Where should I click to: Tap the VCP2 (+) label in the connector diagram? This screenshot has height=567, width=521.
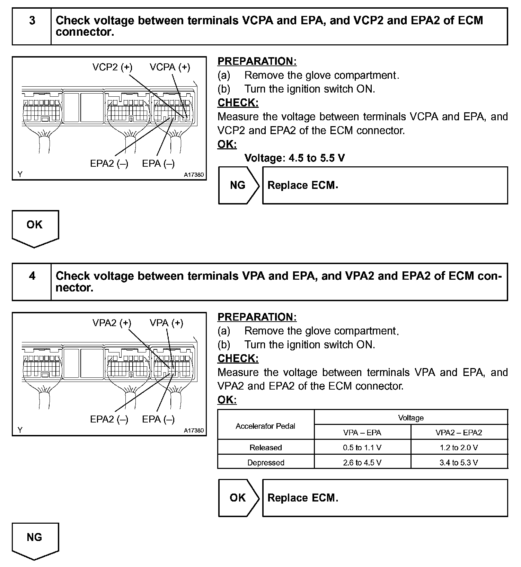[x=112, y=67]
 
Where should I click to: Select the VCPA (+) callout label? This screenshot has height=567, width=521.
[x=170, y=67]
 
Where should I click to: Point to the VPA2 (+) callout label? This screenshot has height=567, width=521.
[x=112, y=323]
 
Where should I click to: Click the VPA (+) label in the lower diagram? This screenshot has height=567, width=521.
[x=166, y=323]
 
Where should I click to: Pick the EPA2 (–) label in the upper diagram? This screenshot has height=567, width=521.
[x=109, y=164]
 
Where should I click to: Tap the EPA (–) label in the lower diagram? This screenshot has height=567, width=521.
[x=158, y=419]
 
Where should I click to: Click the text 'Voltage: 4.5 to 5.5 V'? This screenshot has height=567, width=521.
[x=294, y=158]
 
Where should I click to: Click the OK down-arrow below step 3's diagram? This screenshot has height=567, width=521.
[x=35, y=227]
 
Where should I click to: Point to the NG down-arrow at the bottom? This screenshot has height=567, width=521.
[x=35, y=540]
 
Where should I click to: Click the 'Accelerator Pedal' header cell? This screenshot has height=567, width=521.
[x=265, y=426]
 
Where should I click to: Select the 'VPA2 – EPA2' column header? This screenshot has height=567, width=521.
[x=459, y=433]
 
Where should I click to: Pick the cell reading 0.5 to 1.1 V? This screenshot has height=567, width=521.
[x=362, y=447]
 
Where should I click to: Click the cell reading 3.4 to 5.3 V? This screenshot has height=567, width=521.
[x=459, y=462]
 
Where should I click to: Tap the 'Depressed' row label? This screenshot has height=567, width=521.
[x=265, y=462]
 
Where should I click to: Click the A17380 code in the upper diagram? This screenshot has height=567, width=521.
[x=194, y=175]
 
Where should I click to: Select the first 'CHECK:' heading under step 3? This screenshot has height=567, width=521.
[x=238, y=103]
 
